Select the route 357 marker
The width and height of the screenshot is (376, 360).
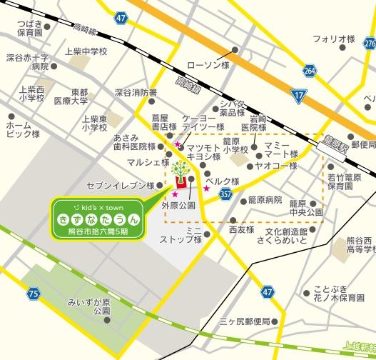[x=225, y=194]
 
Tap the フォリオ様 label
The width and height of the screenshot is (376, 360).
[x=333, y=39]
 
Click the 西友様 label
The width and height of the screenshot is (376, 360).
[x=241, y=230]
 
